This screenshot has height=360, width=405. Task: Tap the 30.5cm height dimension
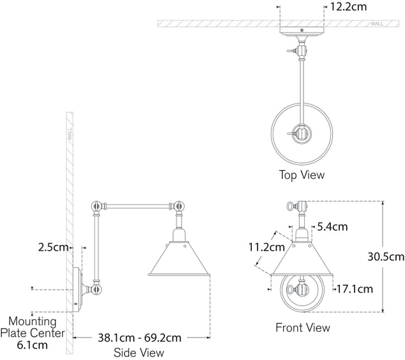386,257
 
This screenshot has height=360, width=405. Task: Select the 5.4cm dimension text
332,226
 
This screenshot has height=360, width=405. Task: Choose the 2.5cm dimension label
53,247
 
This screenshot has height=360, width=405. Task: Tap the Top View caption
302,175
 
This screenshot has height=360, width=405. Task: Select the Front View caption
303,327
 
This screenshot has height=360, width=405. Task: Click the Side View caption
139,352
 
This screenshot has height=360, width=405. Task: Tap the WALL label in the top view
376,23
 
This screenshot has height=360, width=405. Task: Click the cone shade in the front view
303,260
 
